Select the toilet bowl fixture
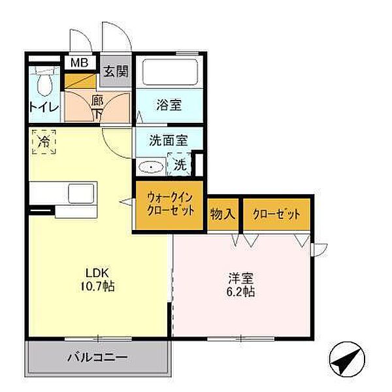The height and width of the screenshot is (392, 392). [x=44, y=83]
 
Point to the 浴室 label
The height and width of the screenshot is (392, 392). [x=168, y=104]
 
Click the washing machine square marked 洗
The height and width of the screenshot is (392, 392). [x=180, y=165]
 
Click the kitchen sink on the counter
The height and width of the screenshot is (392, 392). [x=82, y=194]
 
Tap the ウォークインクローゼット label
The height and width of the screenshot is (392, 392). [x=170, y=206]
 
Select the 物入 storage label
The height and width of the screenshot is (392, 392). [x=223, y=213]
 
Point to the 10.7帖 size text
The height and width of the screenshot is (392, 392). [x=99, y=286]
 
